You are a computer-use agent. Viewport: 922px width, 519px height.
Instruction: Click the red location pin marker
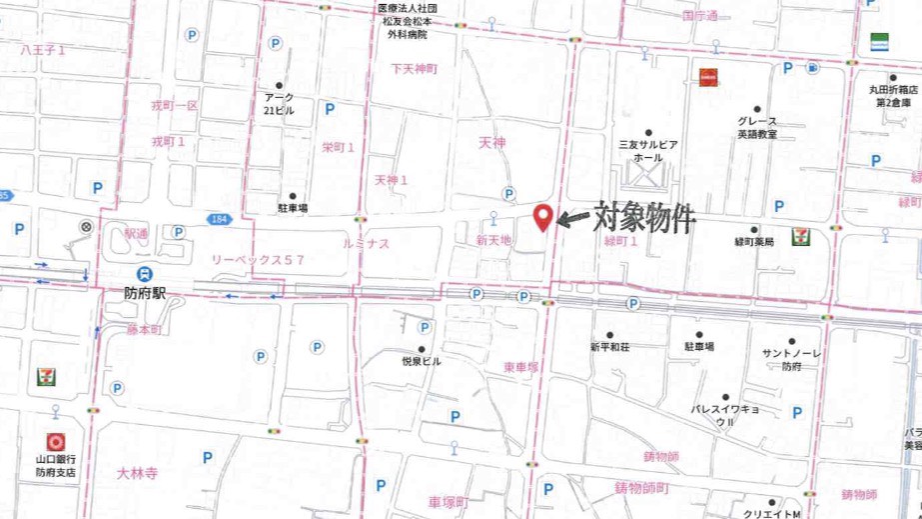coord(543,216)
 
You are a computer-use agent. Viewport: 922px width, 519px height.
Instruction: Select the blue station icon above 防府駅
coord(145,273)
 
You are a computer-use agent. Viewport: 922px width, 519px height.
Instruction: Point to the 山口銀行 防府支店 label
coord(56,466)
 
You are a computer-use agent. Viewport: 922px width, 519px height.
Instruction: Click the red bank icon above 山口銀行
coord(56,440)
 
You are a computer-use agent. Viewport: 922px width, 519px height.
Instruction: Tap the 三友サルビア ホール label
coord(648,151)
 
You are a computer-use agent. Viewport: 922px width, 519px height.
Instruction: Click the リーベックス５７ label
coord(257,259)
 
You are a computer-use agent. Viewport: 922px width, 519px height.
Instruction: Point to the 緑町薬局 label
coord(754,242)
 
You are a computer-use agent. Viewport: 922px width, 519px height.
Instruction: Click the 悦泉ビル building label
coord(421,361)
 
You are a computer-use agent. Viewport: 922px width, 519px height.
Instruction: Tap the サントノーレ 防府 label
coord(791,360)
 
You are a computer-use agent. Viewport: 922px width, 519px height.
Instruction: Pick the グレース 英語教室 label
coord(757,127)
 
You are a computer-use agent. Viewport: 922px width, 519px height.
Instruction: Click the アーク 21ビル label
coord(279,104)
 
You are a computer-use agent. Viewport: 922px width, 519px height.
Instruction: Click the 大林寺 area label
coord(137,472)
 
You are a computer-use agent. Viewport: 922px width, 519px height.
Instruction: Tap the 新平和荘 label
coord(609,347)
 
